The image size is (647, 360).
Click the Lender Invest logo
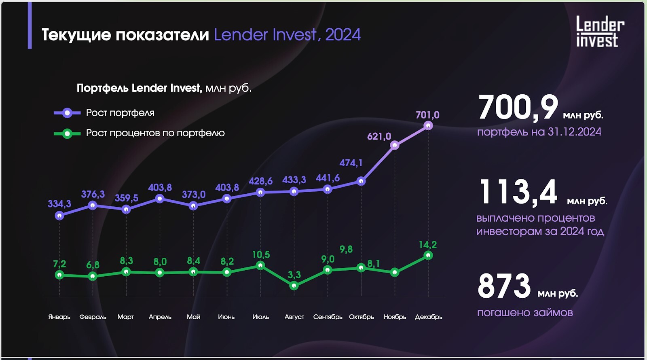click(x=600, y=32)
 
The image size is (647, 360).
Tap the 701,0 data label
click(x=427, y=115)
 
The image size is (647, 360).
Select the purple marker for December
click(x=428, y=126)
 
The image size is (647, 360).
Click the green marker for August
click(x=294, y=286)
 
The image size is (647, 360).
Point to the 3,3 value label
click(x=294, y=275)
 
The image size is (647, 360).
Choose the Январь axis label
click(x=59, y=317)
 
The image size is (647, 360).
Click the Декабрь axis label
click(x=428, y=317)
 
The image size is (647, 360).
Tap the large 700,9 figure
click(x=518, y=108)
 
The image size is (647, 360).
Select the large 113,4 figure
click(x=518, y=192)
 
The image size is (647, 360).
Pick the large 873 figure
click(x=504, y=286)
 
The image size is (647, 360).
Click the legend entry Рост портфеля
click(x=120, y=113)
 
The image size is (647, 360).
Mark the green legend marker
click(x=67, y=133)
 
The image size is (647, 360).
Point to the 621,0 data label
click(x=379, y=136)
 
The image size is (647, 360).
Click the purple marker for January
click(x=59, y=216)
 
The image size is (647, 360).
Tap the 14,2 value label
click(x=427, y=245)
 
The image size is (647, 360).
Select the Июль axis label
click(x=260, y=317)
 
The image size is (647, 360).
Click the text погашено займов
click(x=525, y=313)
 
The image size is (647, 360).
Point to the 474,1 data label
click(x=351, y=163)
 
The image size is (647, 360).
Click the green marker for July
click(x=260, y=265)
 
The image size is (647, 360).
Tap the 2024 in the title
click(x=343, y=35)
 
